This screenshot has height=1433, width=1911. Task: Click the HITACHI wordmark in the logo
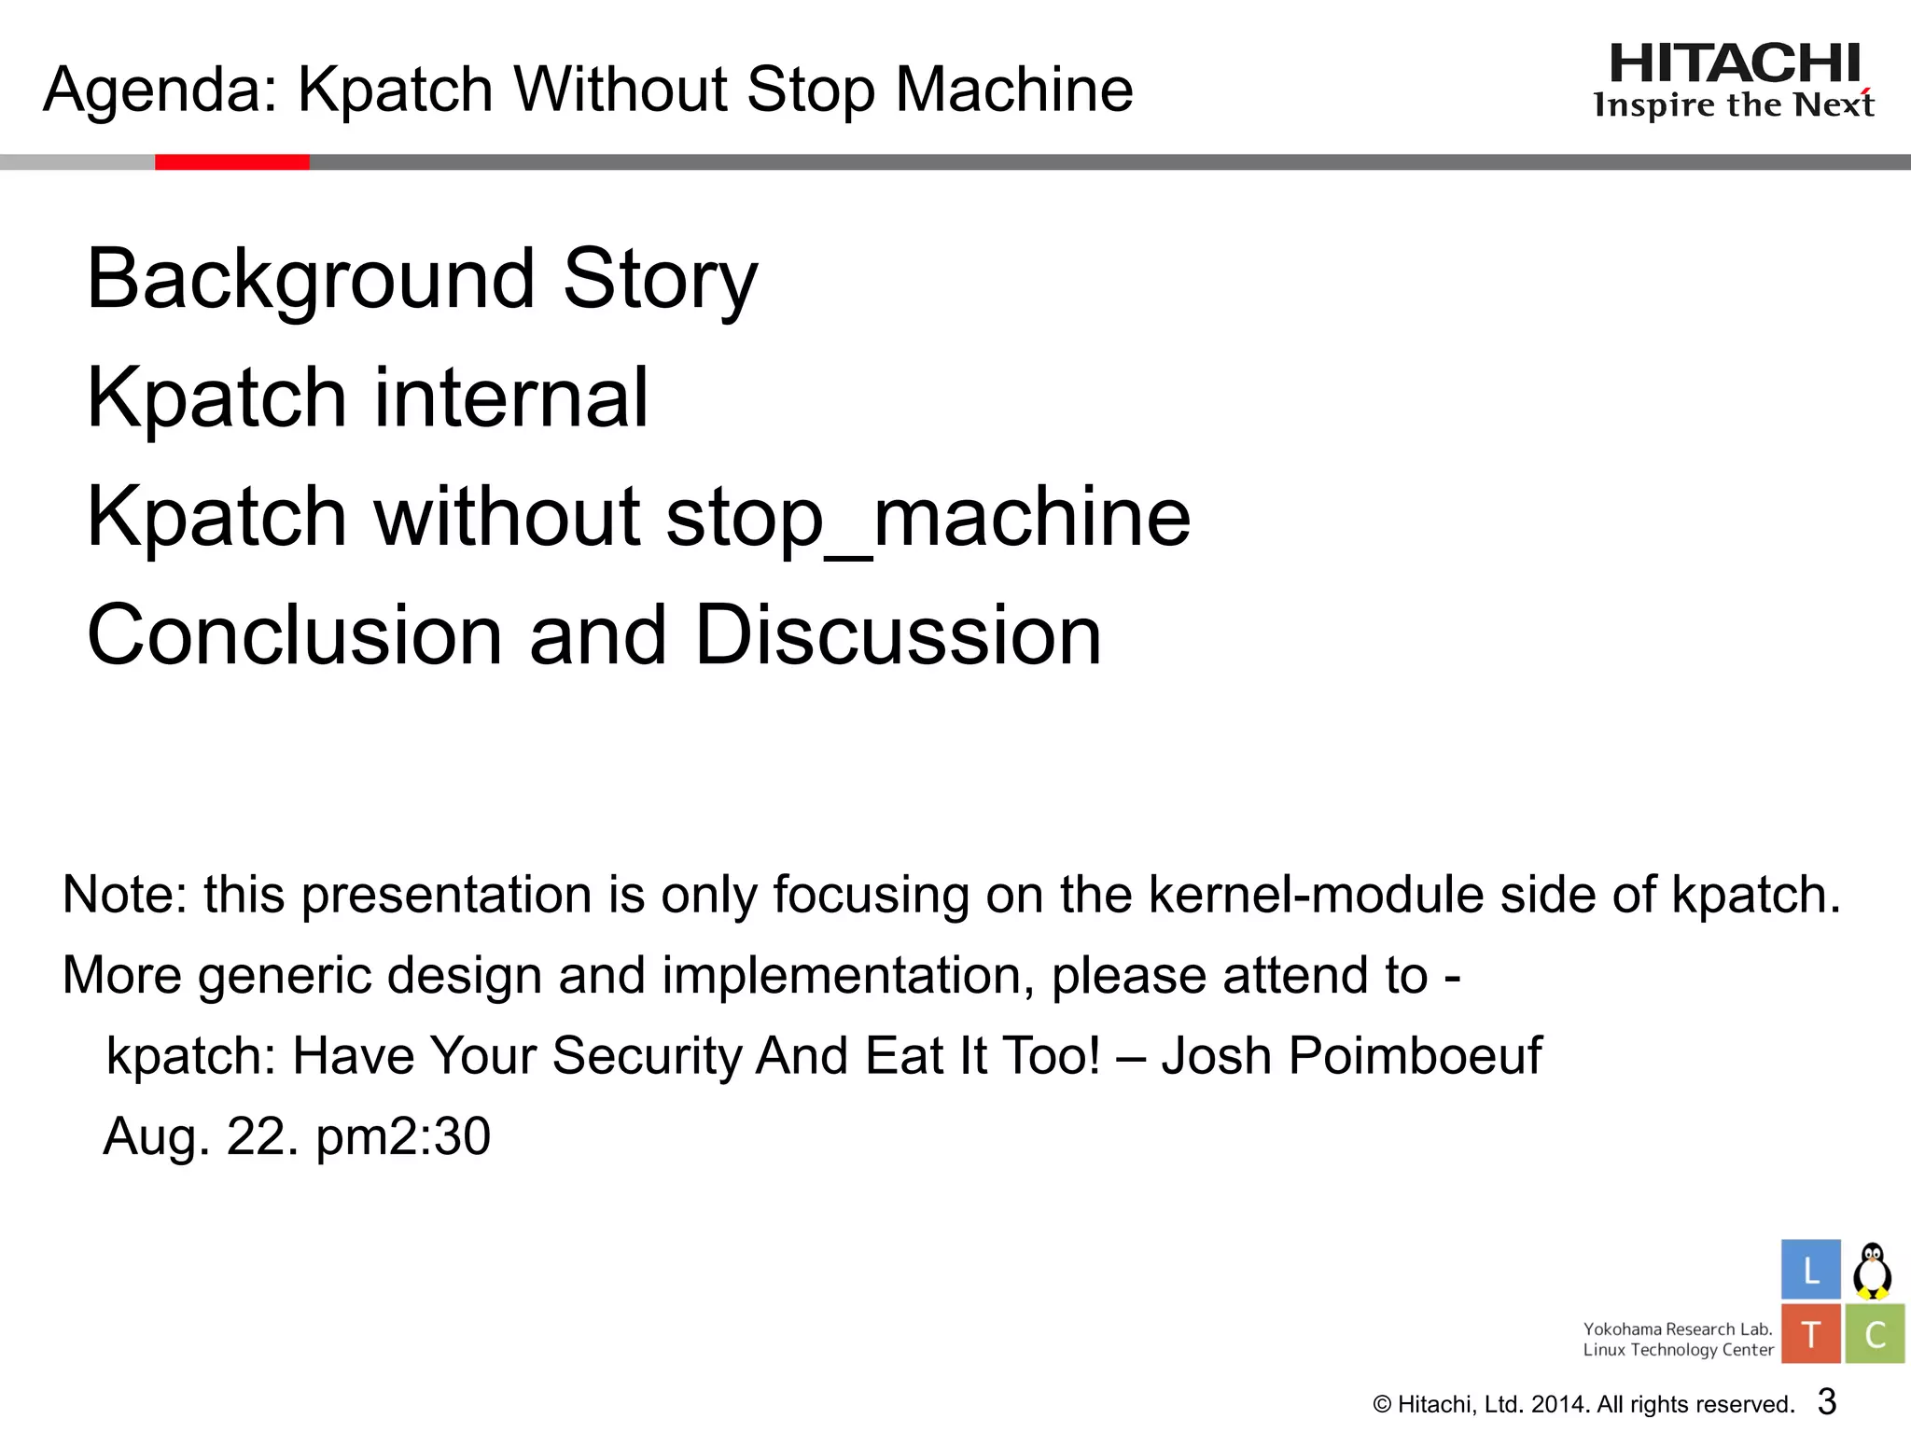click(1735, 64)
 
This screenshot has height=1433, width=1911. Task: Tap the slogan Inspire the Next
click(1734, 105)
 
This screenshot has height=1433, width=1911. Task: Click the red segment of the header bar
click(231, 162)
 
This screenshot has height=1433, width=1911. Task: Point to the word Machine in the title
click(1014, 90)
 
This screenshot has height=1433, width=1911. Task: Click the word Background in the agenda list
click(311, 279)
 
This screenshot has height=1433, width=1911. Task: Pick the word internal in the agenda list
click(510, 397)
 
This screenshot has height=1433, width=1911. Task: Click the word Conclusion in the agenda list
click(295, 635)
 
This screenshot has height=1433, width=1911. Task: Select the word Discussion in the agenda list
click(898, 635)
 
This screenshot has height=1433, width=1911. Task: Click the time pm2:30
click(403, 1137)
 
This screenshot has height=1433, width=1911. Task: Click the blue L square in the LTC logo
click(1810, 1270)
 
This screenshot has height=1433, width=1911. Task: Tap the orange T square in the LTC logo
click(1810, 1334)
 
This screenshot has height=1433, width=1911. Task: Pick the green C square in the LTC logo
click(1875, 1334)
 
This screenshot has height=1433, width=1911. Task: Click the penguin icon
click(1872, 1271)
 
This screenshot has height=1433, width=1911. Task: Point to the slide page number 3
click(1827, 1401)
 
